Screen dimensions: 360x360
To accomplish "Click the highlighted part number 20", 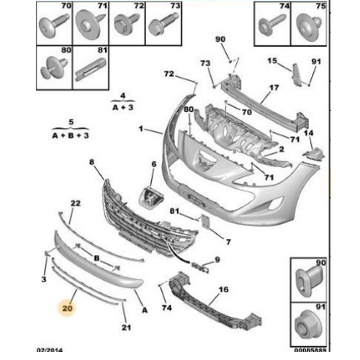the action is pyautogui.click(x=67, y=308).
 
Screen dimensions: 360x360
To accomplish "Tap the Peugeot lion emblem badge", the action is pyautogui.click(x=151, y=197).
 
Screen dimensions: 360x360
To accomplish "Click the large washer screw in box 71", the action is pyautogui.click(x=89, y=24).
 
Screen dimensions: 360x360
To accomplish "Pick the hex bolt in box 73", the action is pyautogui.click(x=163, y=24).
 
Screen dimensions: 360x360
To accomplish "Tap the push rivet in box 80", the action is pyautogui.click(x=53, y=68).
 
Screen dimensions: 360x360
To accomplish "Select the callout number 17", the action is pyautogui.click(x=274, y=88).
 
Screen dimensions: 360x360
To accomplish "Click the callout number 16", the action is pyautogui.click(x=223, y=289).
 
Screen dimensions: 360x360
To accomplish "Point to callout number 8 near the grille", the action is pyautogui.click(x=91, y=162).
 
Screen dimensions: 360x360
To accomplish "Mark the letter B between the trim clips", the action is pyautogui.click(x=96, y=258).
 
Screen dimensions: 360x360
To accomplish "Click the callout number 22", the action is pyautogui.click(x=76, y=203).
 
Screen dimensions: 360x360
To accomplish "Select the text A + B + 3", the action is pyautogui.click(x=71, y=135).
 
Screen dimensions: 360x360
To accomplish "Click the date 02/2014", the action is pyautogui.click(x=50, y=350).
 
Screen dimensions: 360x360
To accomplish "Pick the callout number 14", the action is pyautogui.click(x=308, y=132).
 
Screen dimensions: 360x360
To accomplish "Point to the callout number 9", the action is pyautogui.click(x=217, y=259).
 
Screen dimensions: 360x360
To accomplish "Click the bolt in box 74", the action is pyautogui.click(x=272, y=24).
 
